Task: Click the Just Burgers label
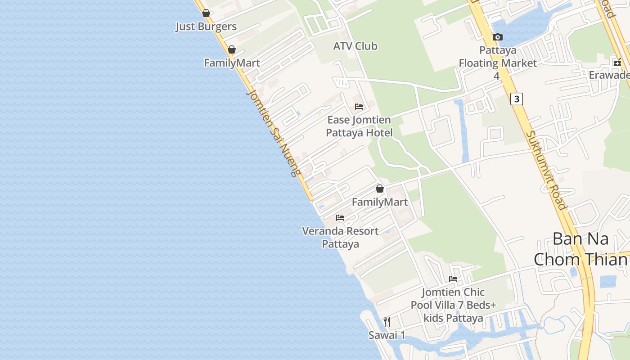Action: pyautogui.click(x=206, y=27)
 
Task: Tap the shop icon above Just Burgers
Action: pyautogui.click(x=206, y=13)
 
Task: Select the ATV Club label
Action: pyautogui.click(x=355, y=46)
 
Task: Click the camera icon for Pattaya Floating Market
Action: pyautogui.click(x=497, y=37)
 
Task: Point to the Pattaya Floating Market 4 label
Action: pyautogui.click(x=497, y=63)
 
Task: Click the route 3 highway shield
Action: pyautogui.click(x=517, y=99)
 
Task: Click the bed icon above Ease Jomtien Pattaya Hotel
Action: pyautogui.click(x=359, y=107)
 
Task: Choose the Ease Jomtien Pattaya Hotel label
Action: pyautogui.click(x=359, y=126)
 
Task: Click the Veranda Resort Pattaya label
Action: pyautogui.click(x=340, y=238)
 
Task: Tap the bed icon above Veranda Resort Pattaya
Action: pyautogui.click(x=340, y=218)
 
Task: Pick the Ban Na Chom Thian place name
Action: pyautogui.click(x=580, y=249)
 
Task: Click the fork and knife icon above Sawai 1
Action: pyautogui.click(x=387, y=321)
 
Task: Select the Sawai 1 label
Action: pyautogui.click(x=387, y=335)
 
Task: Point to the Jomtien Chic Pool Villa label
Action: pyautogui.click(x=453, y=305)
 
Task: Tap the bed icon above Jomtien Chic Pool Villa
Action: pyautogui.click(x=453, y=279)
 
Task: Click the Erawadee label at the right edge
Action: pyautogui.click(x=610, y=75)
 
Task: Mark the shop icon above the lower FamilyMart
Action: pyautogui.click(x=380, y=189)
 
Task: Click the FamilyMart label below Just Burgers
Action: pyautogui.click(x=232, y=63)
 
